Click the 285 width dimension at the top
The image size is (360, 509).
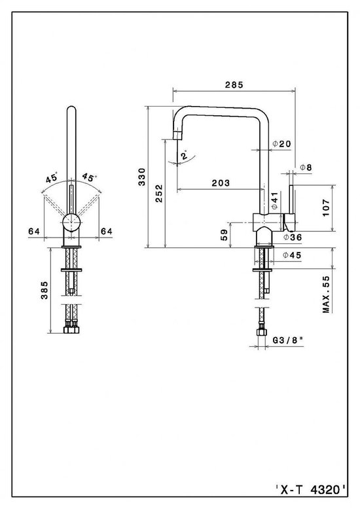pos(234,84)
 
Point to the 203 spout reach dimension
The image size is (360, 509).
pos(221,184)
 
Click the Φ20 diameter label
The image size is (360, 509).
pos(281,144)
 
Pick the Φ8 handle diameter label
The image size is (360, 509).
pos(306,167)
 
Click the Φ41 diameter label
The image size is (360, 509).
pos(273,199)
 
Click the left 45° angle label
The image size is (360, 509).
pos(52,177)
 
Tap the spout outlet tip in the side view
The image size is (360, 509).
pos(175,135)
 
